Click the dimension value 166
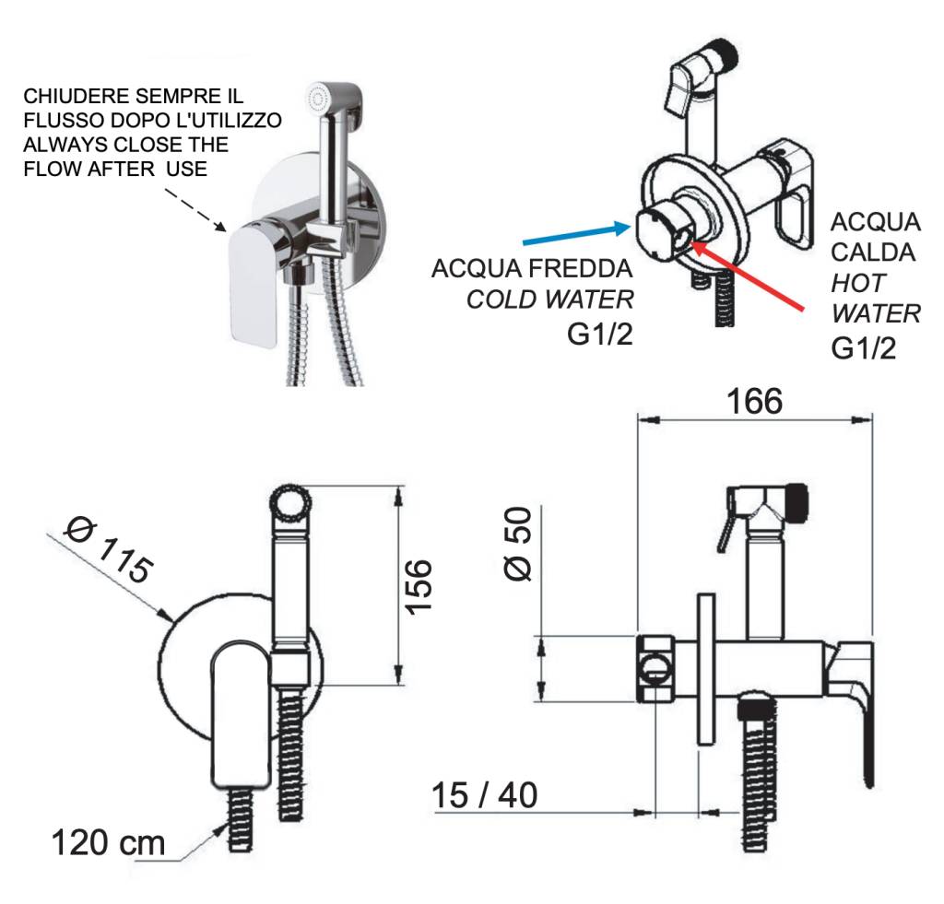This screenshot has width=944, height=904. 753,402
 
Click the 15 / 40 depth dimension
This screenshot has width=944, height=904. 484,794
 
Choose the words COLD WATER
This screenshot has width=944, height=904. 550,300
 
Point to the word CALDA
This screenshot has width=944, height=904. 875,252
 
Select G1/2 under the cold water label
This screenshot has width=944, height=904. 600,334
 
